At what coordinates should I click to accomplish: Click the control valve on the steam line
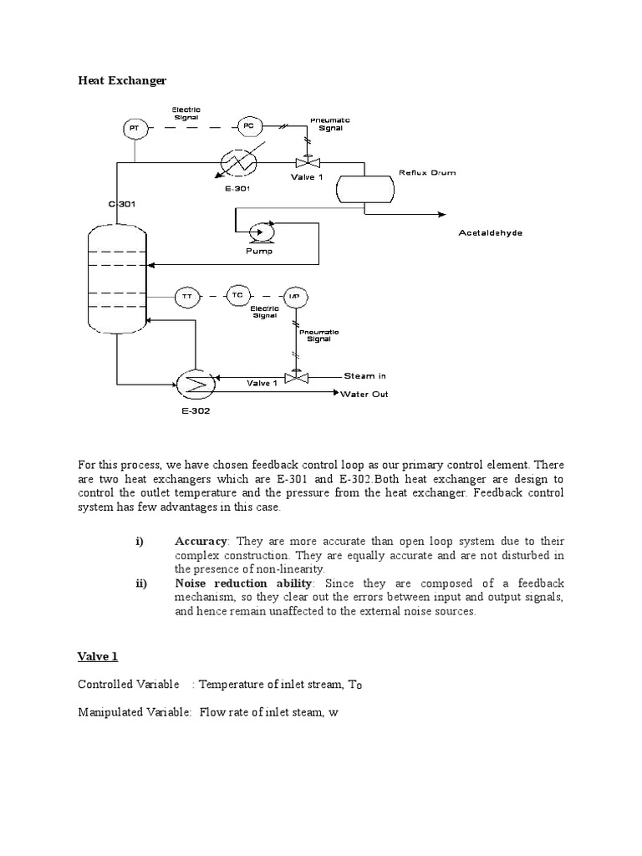coord(297,377)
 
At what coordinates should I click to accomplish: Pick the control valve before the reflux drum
coord(308,162)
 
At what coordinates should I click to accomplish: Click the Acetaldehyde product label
coord(490,233)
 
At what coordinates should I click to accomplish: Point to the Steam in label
coord(364,376)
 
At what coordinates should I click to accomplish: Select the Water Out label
coord(364,395)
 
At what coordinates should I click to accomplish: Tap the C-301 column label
coord(122,204)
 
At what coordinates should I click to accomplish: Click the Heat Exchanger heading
coord(122,81)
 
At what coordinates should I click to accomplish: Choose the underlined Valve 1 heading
coord(98,657)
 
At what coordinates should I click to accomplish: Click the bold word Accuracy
coord(201,542)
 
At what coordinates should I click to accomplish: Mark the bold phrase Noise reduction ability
coord(243,583)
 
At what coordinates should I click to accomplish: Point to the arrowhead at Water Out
coord(336,392)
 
